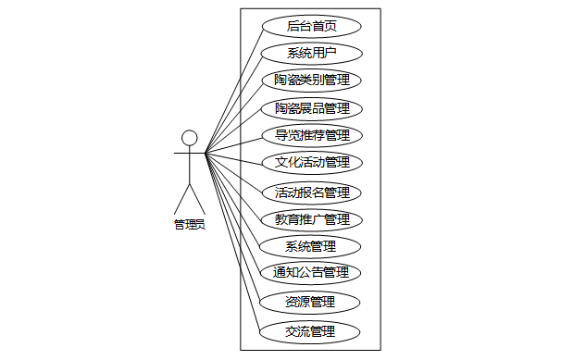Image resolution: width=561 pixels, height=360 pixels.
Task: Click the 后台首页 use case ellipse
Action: coord(312,26)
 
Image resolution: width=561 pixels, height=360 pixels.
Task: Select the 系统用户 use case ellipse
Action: coord(312,54)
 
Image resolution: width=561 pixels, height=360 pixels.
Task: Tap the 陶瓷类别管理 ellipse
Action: coord(312,81)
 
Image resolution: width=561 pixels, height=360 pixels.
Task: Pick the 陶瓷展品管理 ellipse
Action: coord(312,108)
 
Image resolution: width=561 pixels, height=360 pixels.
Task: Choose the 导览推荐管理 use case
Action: coord(312,135)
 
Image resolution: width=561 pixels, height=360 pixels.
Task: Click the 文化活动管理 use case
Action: coord(312,163)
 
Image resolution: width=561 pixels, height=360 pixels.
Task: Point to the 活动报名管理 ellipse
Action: coord(312,193)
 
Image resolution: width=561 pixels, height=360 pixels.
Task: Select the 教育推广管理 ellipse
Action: coord(312,220)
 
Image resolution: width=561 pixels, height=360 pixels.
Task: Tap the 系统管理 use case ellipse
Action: coord(310,247)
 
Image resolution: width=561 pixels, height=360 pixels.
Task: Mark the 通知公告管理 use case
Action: coord(311,273)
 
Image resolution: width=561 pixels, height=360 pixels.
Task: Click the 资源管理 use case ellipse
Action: coord(309,303)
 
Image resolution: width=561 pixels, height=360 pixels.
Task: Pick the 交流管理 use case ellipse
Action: coord(309,332)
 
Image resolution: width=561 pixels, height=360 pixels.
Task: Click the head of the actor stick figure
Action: coord(189,138)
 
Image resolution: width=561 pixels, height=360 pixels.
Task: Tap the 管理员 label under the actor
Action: coord(190,225)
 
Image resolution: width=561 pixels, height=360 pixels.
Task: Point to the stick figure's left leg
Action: coord(181,199)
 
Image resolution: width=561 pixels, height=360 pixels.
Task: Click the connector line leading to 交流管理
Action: coord(232,242)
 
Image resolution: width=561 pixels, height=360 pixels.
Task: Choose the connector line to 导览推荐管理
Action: coord(233,146)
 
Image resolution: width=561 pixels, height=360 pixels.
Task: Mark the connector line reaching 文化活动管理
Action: coord(234,159)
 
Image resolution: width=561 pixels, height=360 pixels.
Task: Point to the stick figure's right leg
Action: coord(197,199)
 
